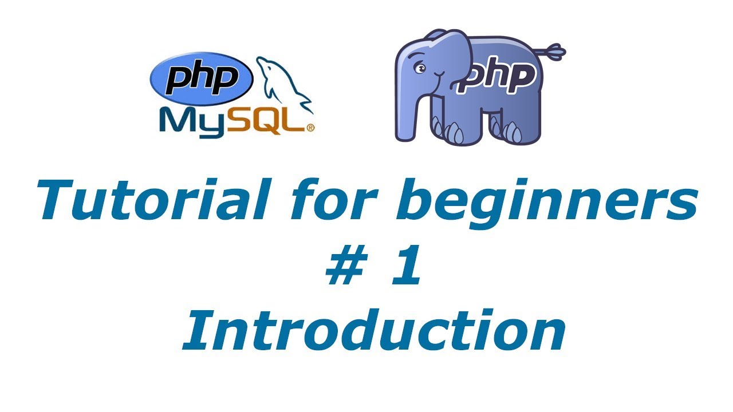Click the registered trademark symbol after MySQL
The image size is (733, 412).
click(311, 129)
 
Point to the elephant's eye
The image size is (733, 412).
click(421, 69)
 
